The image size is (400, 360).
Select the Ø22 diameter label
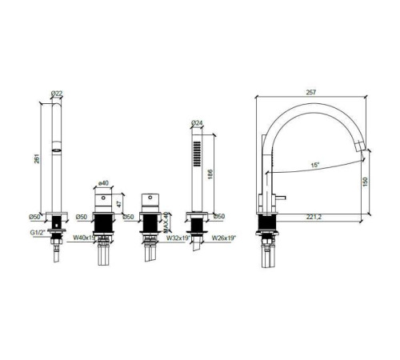pyautogui.click(x=57, y=94)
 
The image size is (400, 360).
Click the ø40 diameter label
pyautogui.click(x=102, y=184)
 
